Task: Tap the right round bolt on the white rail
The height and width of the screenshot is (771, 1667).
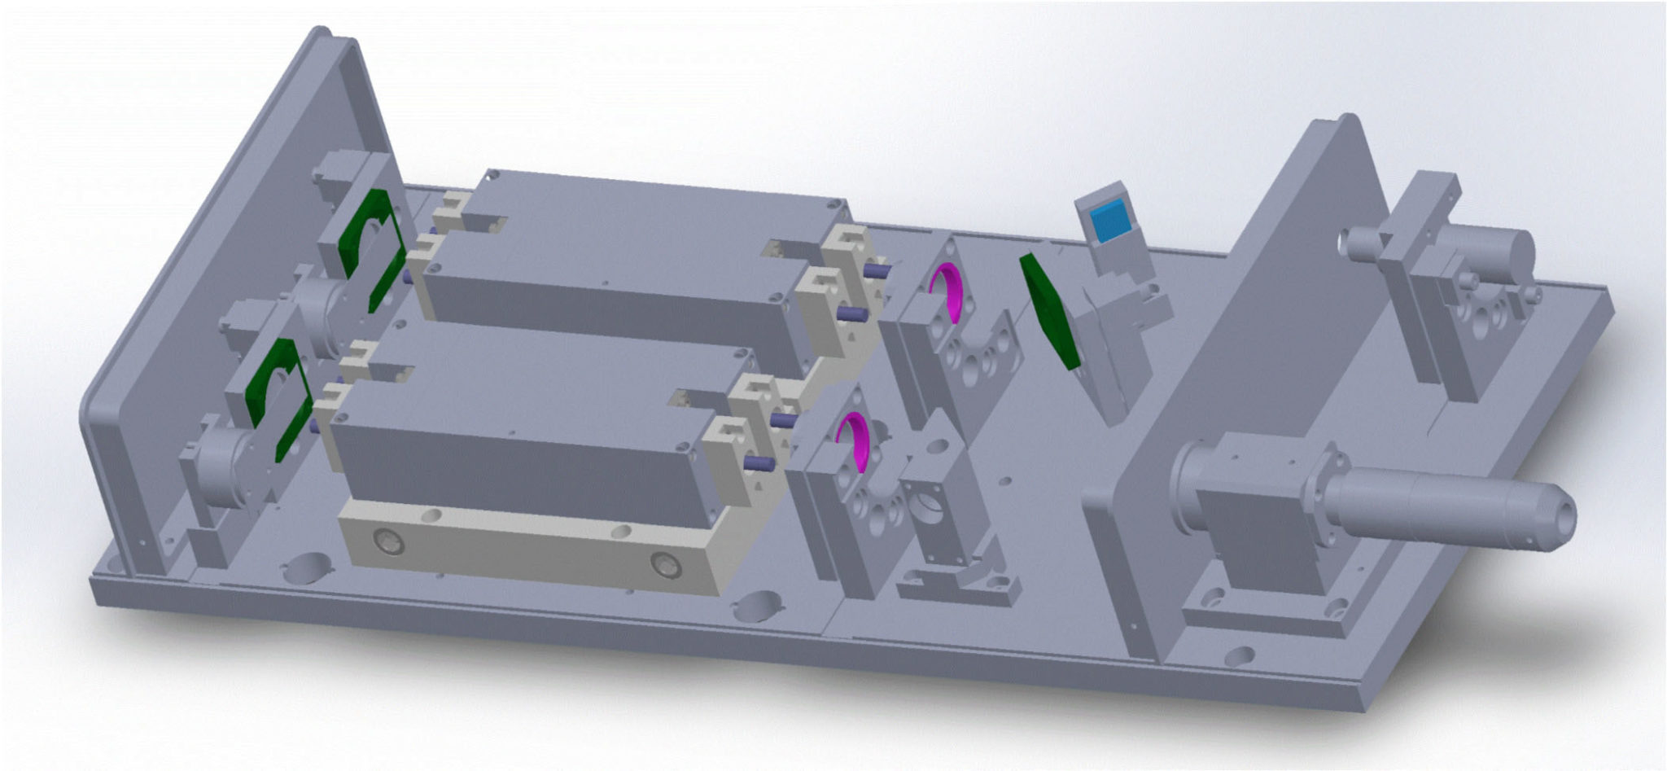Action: pyautogui.click(x=664, y=563)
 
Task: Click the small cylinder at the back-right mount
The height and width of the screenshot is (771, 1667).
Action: pyautogui.click(x=1363, y=242)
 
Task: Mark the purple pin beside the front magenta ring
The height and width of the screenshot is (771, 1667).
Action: pyautogui.click(x=781, y=418)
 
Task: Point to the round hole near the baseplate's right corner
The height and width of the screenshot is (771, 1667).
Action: pyautogui.click(x=1239, y=656)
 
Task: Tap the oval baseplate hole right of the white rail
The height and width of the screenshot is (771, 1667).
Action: pyautogui.click(x=757, y=606)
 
